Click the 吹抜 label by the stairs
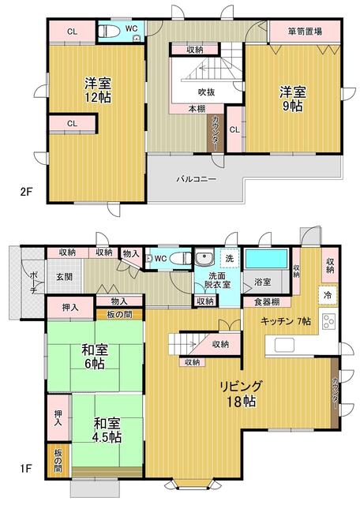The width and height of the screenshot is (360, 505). tap(206, 92)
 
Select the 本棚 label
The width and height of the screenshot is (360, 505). tap(197, 109)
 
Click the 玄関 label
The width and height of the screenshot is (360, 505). tap(64, 276)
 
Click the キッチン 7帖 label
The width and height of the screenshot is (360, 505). tap(287, 321)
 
